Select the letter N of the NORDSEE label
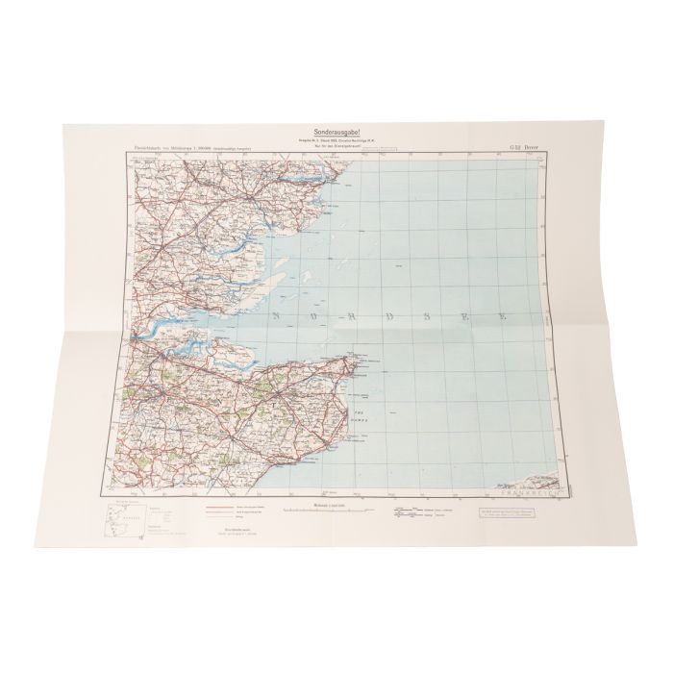(276, 315)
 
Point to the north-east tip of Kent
(357, 365)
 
